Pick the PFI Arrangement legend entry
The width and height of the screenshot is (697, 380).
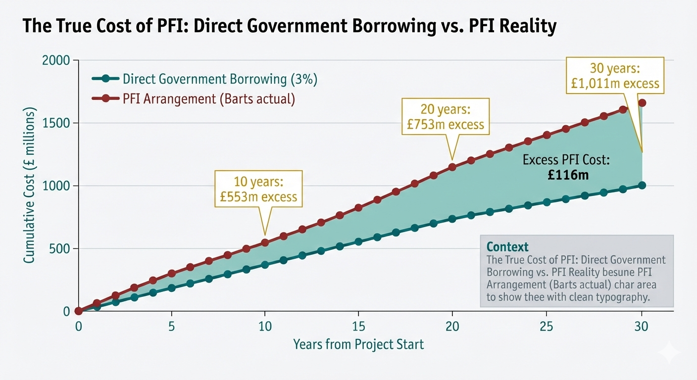tap(208, 99)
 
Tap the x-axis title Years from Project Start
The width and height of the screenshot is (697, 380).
tap(358, 344)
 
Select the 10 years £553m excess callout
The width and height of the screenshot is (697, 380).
tap(258, 189)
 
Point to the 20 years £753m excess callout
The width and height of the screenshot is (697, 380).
tap(446, 117)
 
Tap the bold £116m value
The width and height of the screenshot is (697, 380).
tap(568, 175)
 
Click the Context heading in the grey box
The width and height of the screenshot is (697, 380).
tap(507, 247)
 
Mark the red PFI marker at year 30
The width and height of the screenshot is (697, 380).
tap(642, 103)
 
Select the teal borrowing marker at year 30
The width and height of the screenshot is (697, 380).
tap(642, 185)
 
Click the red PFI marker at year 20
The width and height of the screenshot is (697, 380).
tap(452, 167)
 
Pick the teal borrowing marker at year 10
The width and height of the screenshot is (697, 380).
tap(265, 265)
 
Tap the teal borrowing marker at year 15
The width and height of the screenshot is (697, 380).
tap(358, 242)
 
